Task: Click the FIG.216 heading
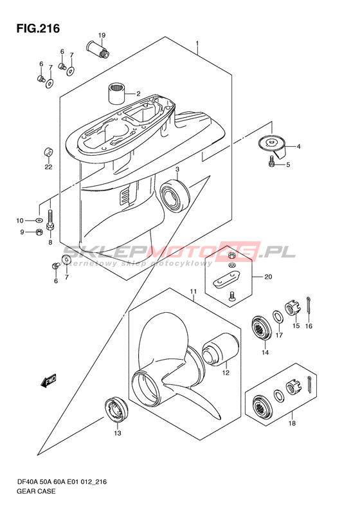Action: click(39, 28)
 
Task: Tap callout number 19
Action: click(102, 35)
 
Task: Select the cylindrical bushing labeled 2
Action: click(116, 93)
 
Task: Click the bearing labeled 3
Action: click(273, 146)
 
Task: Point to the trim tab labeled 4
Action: click(271, 162)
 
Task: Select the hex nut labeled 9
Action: click(39, 221)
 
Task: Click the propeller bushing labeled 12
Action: click(116, 409)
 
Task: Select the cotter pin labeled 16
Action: click(277, 317)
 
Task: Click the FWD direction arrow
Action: click(48, 152)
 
